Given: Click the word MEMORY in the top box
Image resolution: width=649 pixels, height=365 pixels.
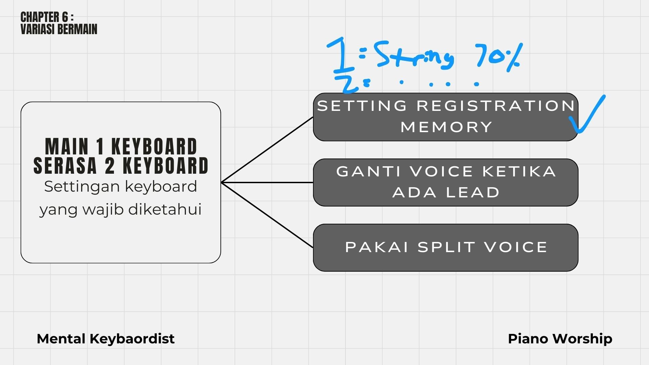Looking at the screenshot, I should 446,127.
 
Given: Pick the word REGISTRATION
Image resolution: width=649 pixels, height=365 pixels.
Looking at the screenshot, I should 496,106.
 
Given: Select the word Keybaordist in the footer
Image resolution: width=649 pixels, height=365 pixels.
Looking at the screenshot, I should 132,339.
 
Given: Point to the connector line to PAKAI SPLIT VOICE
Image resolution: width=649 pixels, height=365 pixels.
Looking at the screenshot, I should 267,215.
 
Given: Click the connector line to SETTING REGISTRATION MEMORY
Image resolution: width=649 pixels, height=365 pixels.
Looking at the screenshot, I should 267,150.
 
